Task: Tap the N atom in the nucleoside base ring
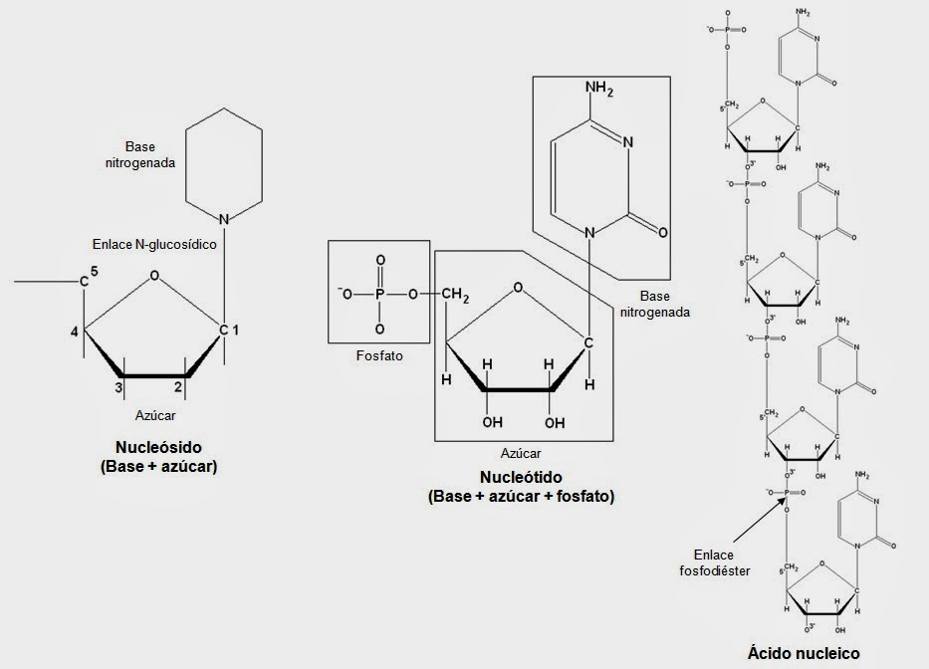(x=225, y=218)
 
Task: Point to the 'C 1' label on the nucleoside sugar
(x=228, y=330)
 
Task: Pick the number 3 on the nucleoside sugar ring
(x=117, y=386)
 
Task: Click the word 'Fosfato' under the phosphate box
(x=379, y=354)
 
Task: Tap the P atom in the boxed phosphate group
(x=379, y=294)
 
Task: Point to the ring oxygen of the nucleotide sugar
(x=516, y=289)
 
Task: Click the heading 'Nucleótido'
(x=521, y=476)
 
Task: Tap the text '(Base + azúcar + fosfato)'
(x=521, y=495)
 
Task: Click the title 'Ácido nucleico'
(x=804, y=654)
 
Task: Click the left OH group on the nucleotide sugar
(x=493, y=422)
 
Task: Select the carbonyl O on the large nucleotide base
(x=663, y=229)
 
